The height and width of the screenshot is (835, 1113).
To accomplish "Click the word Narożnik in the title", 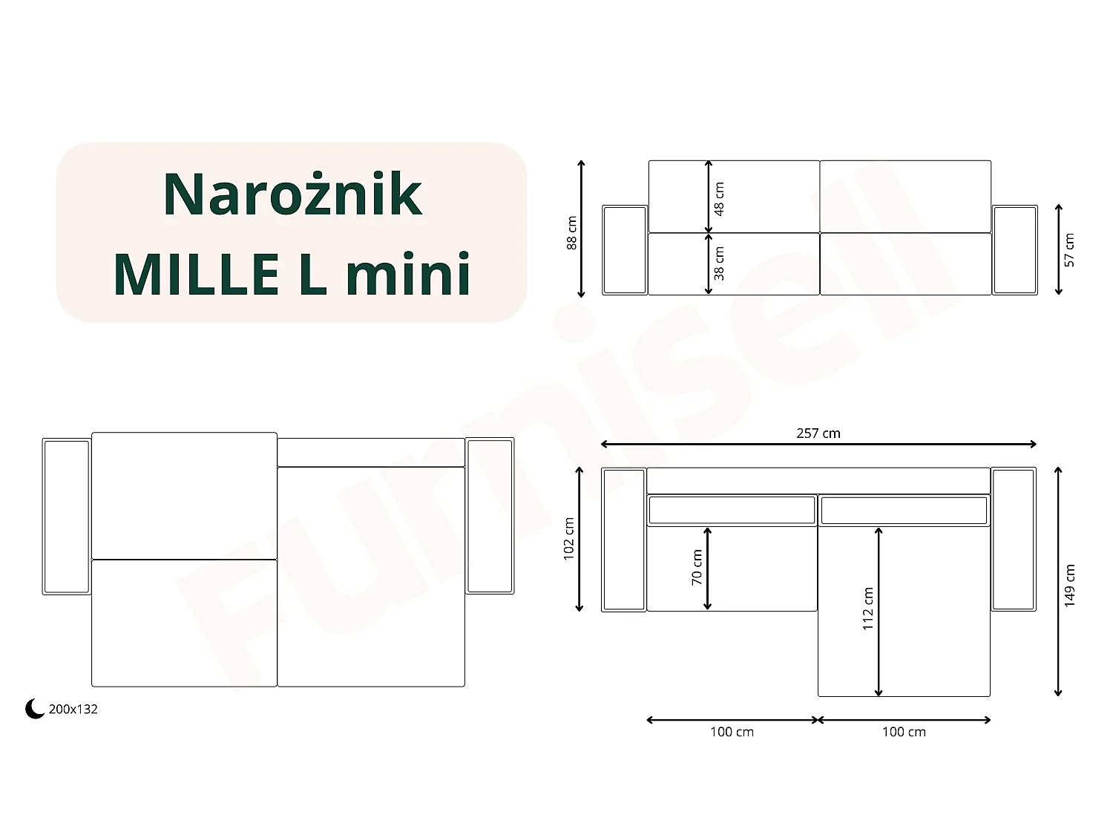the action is [292, 194].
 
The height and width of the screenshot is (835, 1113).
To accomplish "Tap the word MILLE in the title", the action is [197, 275].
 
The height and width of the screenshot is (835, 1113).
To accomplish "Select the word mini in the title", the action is [409, 272].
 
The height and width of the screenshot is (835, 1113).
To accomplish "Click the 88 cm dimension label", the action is [571, 233].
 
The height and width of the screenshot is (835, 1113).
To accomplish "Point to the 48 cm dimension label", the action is [719, 199].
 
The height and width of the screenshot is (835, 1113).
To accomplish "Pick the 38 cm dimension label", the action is [719, 263].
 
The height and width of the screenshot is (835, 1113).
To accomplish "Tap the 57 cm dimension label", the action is [1069, 250].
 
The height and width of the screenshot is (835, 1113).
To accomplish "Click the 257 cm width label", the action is [818, 433].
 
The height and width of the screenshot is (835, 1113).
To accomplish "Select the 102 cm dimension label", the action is [569, 539].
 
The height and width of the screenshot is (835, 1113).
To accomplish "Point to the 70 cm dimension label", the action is [697, 567].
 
